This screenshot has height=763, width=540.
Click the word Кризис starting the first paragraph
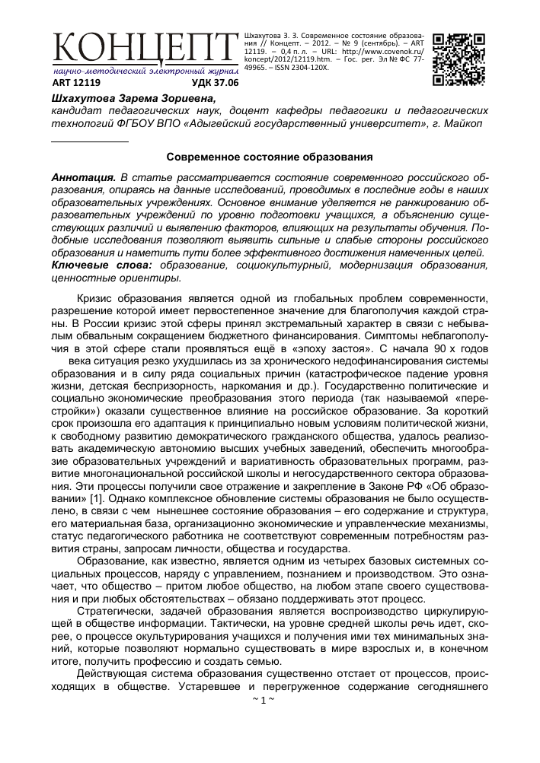[x=100, y=294]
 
